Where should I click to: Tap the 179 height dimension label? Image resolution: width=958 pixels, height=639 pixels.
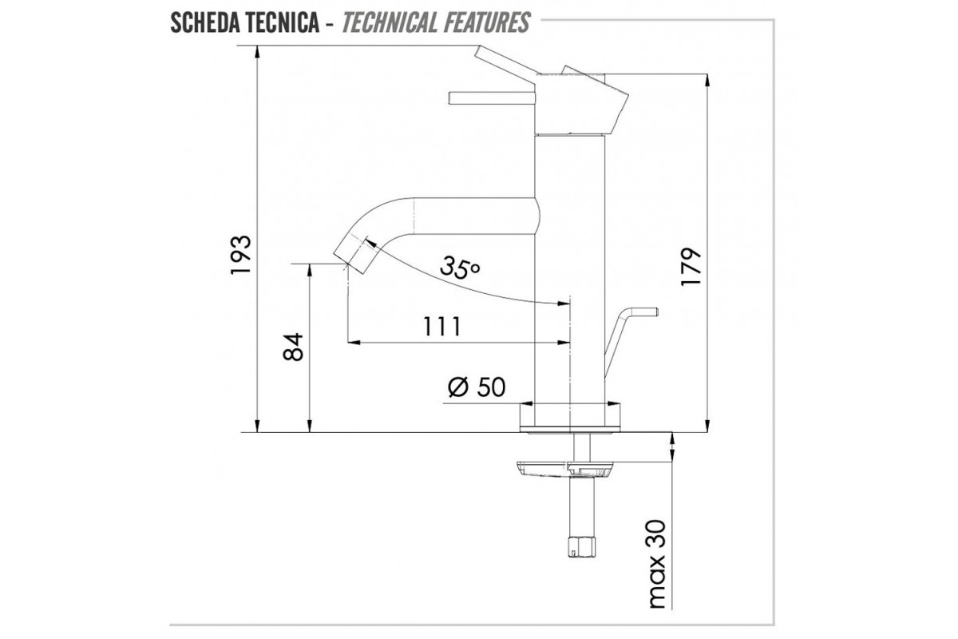(691, 266)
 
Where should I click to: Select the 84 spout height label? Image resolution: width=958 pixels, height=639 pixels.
(294, 347)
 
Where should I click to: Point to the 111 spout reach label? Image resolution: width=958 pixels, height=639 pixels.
(442, 327)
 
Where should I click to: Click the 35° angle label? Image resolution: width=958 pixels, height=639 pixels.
(460, 268)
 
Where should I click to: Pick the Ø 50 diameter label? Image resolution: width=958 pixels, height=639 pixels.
(477, 387)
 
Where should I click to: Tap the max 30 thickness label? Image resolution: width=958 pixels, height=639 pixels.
(658, 564)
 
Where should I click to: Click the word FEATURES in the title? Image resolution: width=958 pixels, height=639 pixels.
(486, 22)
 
